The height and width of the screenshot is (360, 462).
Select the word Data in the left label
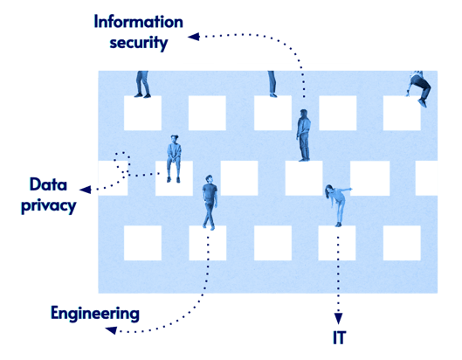click(x=48, y=184)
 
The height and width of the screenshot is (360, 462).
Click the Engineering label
click(x=94, y=313)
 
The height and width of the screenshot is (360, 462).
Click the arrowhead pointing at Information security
click(x=193, y=36)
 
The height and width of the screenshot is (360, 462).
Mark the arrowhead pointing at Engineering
click(x=110, y=329)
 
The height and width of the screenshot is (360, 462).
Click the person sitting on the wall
click(x=174, y=158)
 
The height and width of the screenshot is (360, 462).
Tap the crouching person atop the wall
click(x=418, y=87)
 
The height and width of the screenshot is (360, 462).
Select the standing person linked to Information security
click(x=303, y=135)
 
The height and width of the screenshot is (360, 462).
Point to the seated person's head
click(x=174, y=140)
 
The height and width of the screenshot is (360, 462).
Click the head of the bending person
click(x=328, y=189)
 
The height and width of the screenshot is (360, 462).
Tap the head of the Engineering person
click(x=209, y=181)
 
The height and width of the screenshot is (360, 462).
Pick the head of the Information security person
click(x=303, y=114)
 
